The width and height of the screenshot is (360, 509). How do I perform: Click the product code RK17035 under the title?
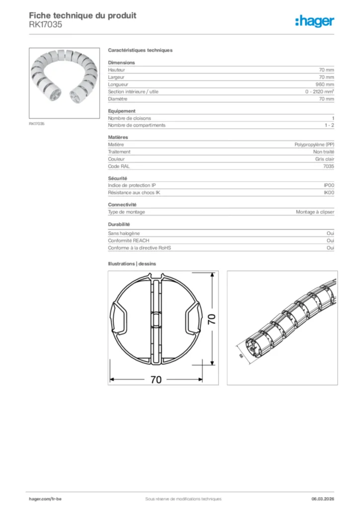pyautogui.click(x=45, y=24)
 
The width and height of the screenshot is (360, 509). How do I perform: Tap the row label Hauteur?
pyautogui.click(x=116, y=70)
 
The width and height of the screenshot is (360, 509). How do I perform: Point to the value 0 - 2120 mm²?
pyautogui.click(x=319, y=92)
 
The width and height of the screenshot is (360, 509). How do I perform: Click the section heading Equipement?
pyautogui.click(x=122, y=111)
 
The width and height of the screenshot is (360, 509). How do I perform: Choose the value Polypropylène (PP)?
pyautogui.click(x=314, y=144)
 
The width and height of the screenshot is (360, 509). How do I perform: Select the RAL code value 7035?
pyautogui.click(x=328, y=167)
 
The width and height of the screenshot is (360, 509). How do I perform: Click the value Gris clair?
pyautogui.click(x=324, y=159)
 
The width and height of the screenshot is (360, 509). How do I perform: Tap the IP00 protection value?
pyautogui.click(x=329, y=185)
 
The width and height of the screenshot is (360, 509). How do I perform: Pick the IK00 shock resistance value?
pyautogui.click(x=329, y=192)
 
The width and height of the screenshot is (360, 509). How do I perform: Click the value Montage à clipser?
pyautogui.click(x=315, y=212)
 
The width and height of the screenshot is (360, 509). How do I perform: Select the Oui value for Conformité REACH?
pyautogui.click(x=330, y=240)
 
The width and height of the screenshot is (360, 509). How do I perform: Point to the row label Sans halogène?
pyautogui.click(x=124, y=233)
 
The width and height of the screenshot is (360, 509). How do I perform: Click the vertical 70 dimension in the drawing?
pyautogui.click(x=211, y=320)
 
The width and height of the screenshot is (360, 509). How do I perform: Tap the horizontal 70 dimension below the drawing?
pyautogui.click(x=156, y=380)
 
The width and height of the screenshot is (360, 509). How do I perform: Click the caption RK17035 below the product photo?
pyautogui.click(x=37, y=124)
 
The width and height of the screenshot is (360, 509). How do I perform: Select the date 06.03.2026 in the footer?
pyautogui.click(x=319, y=499)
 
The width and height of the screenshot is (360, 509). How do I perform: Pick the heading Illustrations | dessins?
pyautogui.click(x=132, y=264)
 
